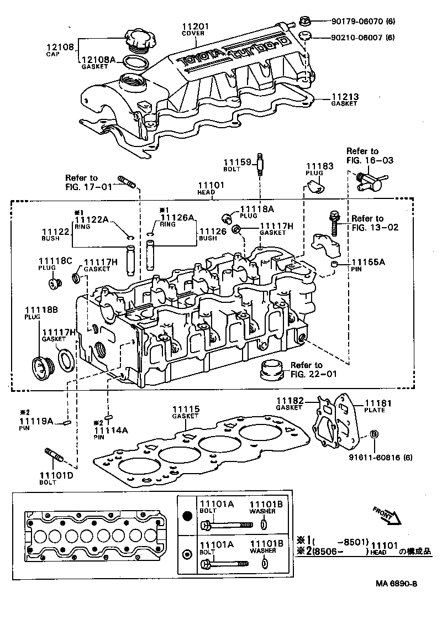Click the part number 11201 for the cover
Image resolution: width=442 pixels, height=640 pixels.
click(x=193, y=27)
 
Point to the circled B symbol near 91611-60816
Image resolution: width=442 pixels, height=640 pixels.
click(x=374, y=434)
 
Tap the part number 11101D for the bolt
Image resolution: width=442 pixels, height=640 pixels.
click(x=54, y=475)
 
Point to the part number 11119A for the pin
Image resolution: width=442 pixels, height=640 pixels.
click(x=35, y=422)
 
